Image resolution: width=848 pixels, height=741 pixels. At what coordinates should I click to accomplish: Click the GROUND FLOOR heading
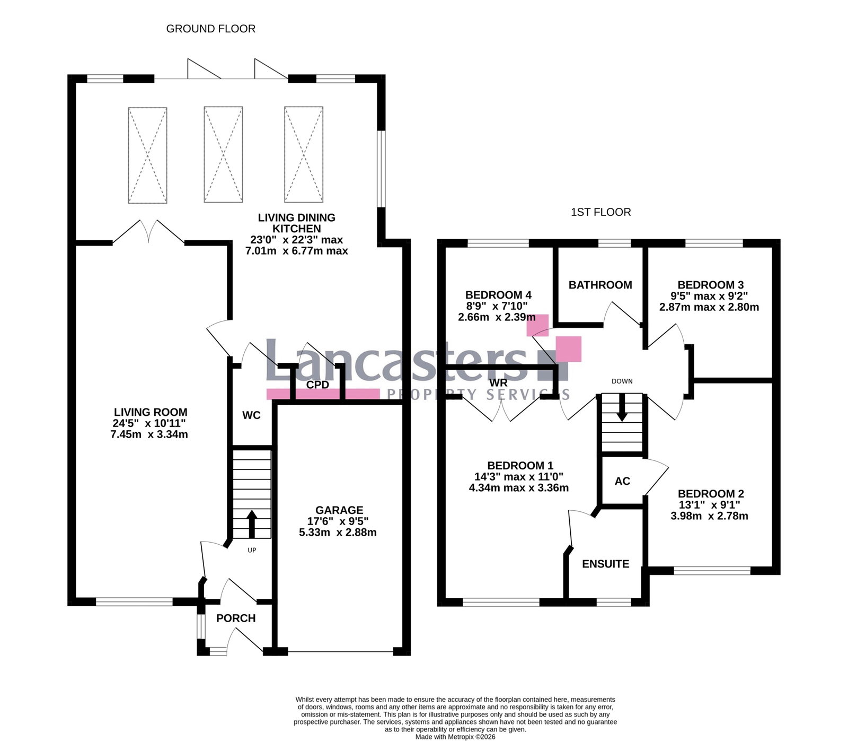[x=211, y=29]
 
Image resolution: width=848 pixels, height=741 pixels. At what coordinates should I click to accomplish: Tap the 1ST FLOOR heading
[x=600, y=212]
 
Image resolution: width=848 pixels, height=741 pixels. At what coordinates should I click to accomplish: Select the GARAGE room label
[x=339, y=510]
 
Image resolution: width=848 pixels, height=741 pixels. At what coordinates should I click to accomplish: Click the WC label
[x=251, y=415]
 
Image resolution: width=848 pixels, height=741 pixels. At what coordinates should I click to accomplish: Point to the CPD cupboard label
[x=318, y=385]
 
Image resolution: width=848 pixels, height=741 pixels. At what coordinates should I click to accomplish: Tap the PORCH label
[x=236, y=618]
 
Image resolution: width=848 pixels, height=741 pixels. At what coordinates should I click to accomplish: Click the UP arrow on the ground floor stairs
[x=251, y=524]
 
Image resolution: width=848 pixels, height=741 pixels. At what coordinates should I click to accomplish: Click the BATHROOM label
[x=600, y=285]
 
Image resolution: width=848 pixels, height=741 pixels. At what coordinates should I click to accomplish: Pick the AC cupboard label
[x=622, y=481]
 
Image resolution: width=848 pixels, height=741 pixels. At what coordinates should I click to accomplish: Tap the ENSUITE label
[x=605, y=564]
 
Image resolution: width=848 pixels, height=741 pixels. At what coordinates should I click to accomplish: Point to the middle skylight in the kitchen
[x=223, y=155]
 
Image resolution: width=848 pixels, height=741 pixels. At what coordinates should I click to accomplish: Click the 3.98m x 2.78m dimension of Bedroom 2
[x=709, y=516]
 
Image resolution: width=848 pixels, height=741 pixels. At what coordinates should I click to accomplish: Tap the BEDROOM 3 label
[x=709, y=285]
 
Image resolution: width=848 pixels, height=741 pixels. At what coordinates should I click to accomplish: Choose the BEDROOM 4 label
[x=498, y=295]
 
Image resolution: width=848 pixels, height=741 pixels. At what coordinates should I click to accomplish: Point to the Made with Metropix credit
[x=455, y=737]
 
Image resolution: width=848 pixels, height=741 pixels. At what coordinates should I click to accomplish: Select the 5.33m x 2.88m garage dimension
[x=338, y=533]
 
